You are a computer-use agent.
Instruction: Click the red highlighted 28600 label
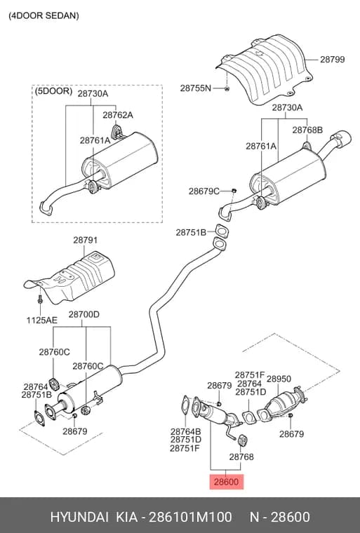coord(226,482)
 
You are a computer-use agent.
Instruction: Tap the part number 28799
coord(332,60)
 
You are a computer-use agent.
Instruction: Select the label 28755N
coord(196,88)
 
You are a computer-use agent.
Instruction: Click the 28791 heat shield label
coord(85,240)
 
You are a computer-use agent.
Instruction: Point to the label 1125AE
coord(42,320)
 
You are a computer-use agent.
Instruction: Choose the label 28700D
coord(84,314)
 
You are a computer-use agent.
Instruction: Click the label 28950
coord(279,379)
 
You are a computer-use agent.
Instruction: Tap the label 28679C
coord(204,191)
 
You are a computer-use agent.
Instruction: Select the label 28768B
coord(307,130)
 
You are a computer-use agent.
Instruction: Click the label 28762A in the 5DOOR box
coord(118,115)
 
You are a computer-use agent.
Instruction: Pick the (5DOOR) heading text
coord(53,91)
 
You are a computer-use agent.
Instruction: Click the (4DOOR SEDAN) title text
coord(44,15)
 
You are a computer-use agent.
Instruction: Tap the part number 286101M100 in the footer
coord(191,517)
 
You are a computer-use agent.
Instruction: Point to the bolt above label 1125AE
coord(40,300)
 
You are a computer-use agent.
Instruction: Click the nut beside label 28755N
coord(227,89)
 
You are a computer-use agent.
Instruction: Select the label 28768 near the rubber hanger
coord(241,457)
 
